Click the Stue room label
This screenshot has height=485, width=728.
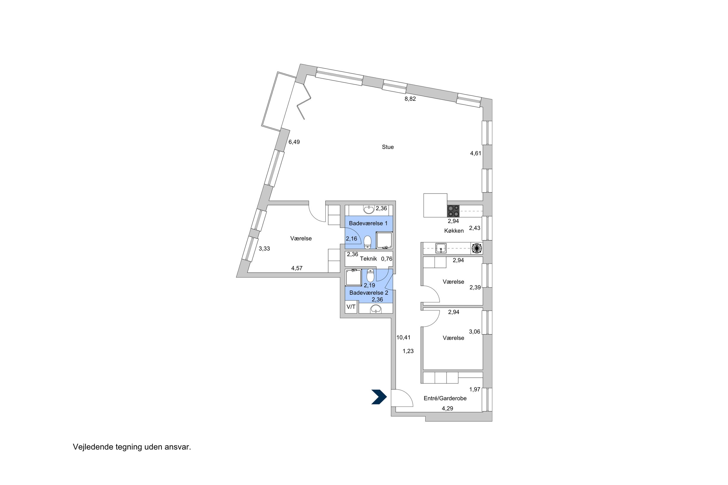(387, 147)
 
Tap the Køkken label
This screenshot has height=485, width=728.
(454, 231)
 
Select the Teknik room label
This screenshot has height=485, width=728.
(368, 259)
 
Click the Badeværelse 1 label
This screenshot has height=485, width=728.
(368, 223)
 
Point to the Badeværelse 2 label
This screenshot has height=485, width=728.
(368, 293)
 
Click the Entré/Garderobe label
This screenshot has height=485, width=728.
(445, 399)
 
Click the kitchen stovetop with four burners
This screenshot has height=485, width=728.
(453, 211)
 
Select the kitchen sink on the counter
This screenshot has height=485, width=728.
(440, 248)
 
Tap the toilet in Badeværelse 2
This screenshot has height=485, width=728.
(370, 276)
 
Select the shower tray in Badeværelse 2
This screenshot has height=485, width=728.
(353, 278)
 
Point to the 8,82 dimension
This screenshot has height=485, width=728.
(410, 99)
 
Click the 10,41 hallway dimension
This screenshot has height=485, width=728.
(403, 338)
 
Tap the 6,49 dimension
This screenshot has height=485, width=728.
(294, 142)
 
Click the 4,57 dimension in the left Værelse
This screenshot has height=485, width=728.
(297, 268)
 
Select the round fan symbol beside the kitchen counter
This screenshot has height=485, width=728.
(477, 248)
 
